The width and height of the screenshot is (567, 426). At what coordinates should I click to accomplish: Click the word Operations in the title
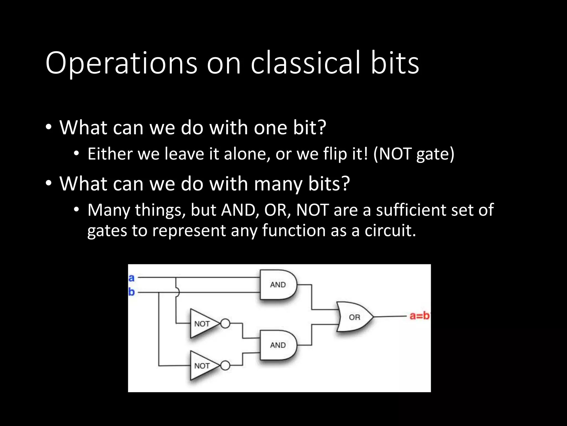pos(121,64)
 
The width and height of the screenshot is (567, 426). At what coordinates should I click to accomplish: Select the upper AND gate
pos(278,285)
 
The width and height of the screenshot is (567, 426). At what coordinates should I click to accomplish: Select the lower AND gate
pos(278,345)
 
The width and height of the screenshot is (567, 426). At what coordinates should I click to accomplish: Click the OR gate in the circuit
pos(354,317)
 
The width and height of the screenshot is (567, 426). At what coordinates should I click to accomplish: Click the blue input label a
pos(132,278)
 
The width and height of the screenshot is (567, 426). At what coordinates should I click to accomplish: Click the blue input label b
pos(132,292)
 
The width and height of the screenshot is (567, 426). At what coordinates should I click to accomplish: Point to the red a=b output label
pos(419,316)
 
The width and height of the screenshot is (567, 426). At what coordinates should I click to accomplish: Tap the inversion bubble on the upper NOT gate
pos(225,323)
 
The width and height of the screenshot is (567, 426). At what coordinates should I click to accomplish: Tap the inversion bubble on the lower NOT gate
pos(225,366)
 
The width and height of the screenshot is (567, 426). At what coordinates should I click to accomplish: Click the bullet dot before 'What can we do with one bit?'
pos(49,128)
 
